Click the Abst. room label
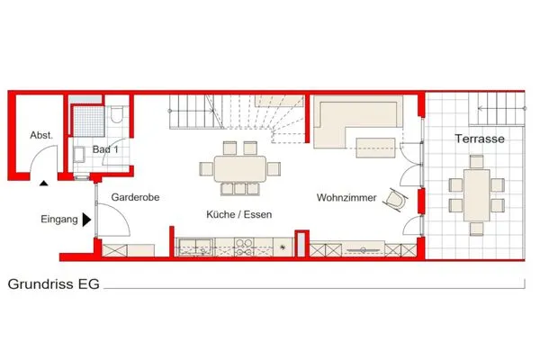41,135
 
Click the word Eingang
58,219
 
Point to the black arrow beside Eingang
85,219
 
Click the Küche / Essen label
238,214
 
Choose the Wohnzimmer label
346,197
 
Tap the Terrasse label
478,139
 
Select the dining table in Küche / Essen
239,167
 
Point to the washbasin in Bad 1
78,154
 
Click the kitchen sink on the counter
194,244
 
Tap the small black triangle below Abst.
42,184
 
